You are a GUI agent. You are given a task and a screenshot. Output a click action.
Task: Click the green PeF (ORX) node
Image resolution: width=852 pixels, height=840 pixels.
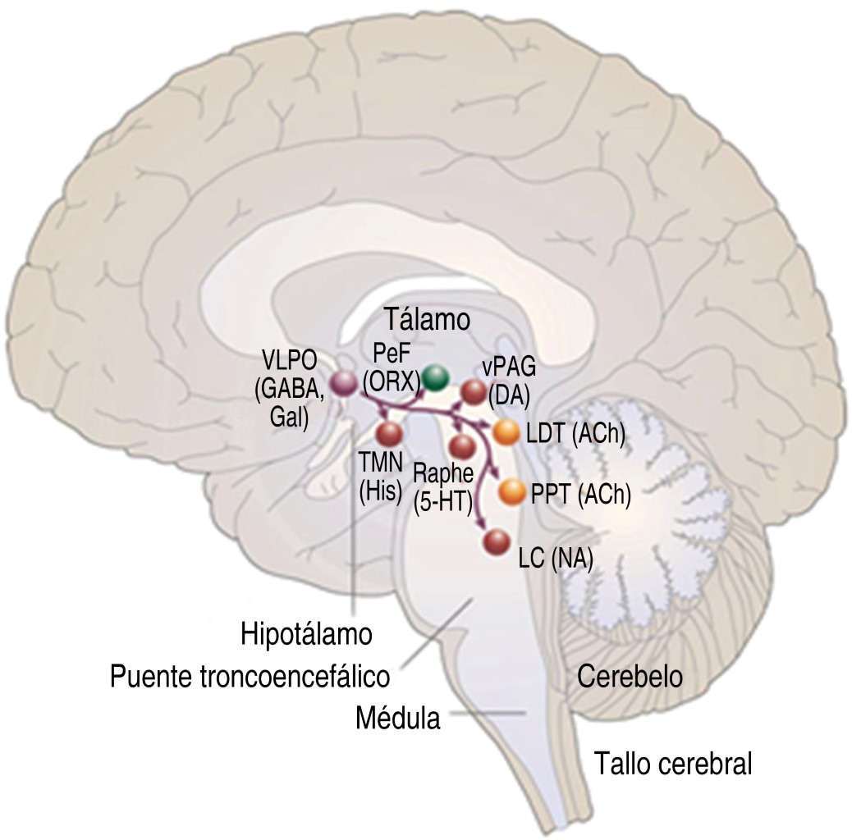pyautogui.click(x=437, y=376)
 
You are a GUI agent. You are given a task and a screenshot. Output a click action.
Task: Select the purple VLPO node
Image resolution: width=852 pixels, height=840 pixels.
pyautogui.click(x=340, y=382)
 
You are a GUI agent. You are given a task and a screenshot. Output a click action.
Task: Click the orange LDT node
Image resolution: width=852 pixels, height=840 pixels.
pyautogui.click(x=505, y=431)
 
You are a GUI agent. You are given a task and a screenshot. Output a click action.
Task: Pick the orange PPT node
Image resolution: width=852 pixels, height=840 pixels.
pyautogui.click(x=512, y=491)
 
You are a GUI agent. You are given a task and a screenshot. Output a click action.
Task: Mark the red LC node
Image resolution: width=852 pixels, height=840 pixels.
pyautogui.click(x=497, y=542)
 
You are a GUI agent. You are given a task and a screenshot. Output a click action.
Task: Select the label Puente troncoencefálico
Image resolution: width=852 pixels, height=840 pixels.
pyautogui.click(x=250, y=677)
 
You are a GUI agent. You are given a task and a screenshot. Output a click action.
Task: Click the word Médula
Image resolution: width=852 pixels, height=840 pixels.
pyautogui.click(x=398, y=719)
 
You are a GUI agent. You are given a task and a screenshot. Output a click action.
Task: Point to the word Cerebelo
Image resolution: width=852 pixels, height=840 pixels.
pyautogui.click(x=630, y=677)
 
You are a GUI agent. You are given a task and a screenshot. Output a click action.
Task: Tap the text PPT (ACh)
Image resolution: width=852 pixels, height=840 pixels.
pyautogui.click(x=580, y=495)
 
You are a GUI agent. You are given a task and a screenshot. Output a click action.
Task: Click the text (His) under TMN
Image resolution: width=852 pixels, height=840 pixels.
pyautogui.click(x=379, y=491)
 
